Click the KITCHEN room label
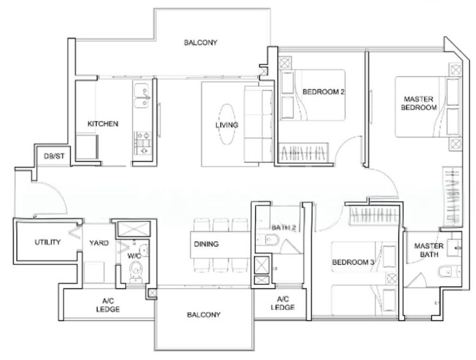(x=103, y=124)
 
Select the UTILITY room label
(x=47, y=242)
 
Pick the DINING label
(x=206, y=244)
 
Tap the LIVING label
(x=227, y=125)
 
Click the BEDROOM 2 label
(x=323, y=92)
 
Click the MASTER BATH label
(x=429, y=250)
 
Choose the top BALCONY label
(x=200, y=43)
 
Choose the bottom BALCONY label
(x=203, y=315)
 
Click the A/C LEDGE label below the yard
(x=108, y=306)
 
